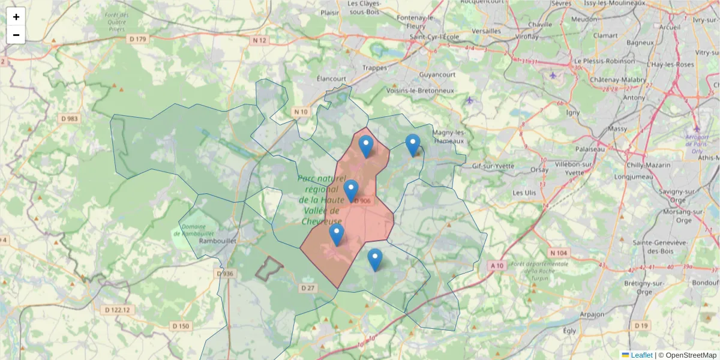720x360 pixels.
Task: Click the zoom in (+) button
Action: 16,17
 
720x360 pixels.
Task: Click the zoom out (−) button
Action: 16,35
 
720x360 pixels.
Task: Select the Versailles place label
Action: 487,31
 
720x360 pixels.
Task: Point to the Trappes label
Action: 375,68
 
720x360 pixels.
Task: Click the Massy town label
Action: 617,128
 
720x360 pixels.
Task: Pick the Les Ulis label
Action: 524,193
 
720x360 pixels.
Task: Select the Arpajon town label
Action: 592,314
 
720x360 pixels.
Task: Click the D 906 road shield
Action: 362,202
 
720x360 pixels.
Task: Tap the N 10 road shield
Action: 301,112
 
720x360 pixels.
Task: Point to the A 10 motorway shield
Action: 496,265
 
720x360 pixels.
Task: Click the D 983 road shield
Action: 70,119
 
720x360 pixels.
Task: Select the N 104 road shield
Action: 558,253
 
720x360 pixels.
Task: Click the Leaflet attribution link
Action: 641,355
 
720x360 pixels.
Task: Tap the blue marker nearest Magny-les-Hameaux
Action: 413,144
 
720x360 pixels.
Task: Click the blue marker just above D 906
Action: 351,190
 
